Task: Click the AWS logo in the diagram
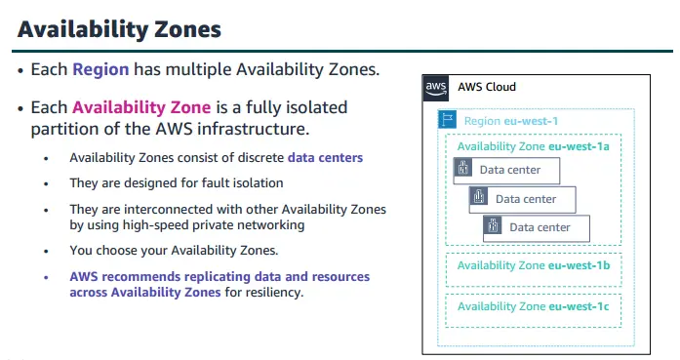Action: click(x=437, y=88)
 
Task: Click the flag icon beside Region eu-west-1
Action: click(x=450, y=121)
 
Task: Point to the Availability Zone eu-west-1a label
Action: click(x=533, y=146)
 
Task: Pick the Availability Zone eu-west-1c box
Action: click(x=533, y=306)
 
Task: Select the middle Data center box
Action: click(x=523, y=199)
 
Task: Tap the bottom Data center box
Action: click(x=539, y=227)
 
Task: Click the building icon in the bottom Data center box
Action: click(x=494, y=227)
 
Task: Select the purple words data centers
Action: click(x=325, y=158)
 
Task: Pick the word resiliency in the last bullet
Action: click(x=276, y=292)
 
